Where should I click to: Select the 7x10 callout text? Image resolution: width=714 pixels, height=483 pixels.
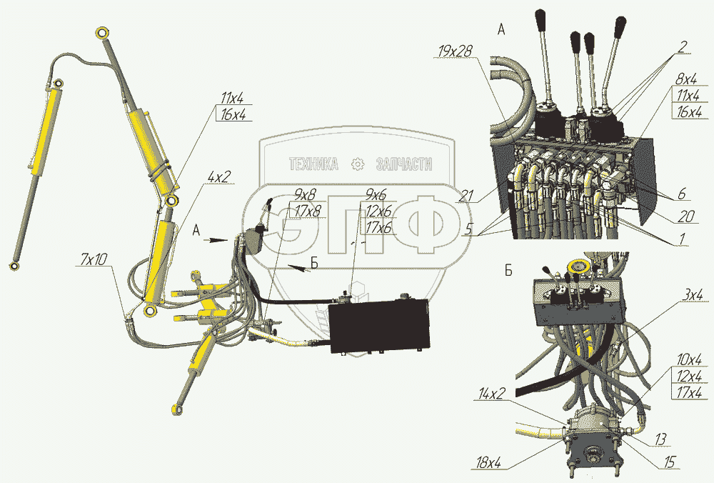(x=92, y=258)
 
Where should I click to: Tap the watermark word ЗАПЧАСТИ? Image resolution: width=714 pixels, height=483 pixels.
(x=404, y=164)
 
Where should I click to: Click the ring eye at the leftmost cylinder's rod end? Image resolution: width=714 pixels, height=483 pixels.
(x=14, y=267)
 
